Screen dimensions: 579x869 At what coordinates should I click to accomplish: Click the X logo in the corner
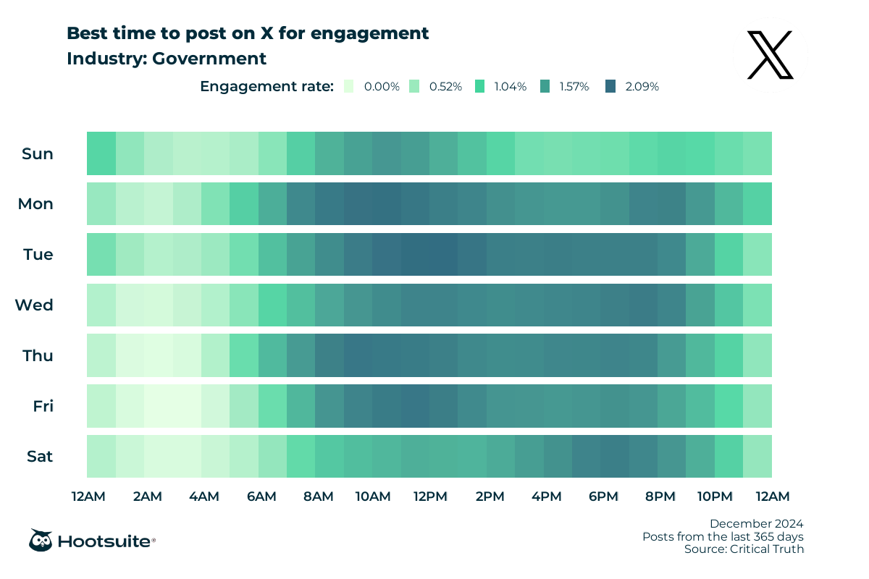[771, 55]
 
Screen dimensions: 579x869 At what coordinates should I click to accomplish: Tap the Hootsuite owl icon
[40, 540]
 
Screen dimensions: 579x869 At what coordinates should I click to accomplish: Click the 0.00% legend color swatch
[349, 86]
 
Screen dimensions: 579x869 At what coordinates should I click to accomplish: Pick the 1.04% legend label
[511, 87]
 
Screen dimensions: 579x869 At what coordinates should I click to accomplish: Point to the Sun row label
[38, 153]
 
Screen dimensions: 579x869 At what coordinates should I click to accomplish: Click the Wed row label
[35, 305]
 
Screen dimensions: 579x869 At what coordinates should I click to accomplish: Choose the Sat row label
[39, 457]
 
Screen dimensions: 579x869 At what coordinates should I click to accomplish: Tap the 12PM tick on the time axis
[429, 496]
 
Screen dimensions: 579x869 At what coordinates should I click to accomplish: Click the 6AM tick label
[261, 496]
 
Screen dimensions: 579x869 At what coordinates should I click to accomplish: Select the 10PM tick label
[715, 496]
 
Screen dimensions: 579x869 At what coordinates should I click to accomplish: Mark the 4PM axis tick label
[546, 496]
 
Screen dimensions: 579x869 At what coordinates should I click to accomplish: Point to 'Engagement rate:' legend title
[266, 87]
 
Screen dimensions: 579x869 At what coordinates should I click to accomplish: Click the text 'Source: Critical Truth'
[744, 549]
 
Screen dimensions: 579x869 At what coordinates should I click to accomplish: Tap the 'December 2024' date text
[756, 523]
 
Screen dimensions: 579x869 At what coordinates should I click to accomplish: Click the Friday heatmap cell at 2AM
[158, 406]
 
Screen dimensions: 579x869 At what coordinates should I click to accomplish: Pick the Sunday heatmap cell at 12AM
[101, 153]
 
